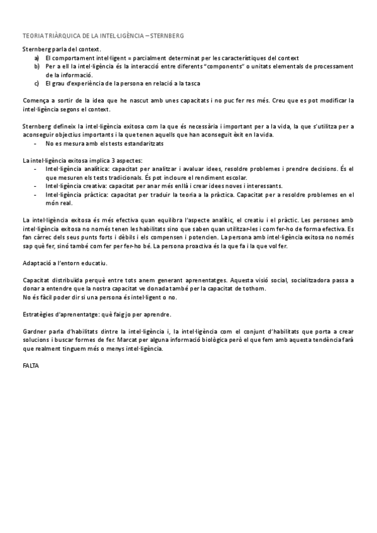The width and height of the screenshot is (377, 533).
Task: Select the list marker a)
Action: click(37, 57)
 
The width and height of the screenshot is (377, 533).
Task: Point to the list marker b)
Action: click(37, 65)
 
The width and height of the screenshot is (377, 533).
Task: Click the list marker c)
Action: click(37, 82)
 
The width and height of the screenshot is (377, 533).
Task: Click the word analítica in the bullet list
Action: click(91, 169)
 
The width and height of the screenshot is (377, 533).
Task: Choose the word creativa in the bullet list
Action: click(90, 186)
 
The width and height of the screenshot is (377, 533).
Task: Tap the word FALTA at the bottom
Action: click(30, 365)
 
